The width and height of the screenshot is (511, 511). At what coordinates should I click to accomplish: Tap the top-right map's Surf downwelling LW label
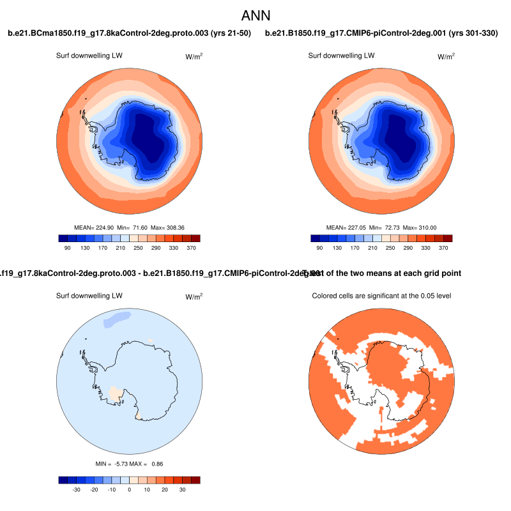pyautogui.click(x=341, y=56)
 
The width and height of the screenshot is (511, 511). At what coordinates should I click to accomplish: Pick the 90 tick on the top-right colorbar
pyautogui.click(x=319, y=247)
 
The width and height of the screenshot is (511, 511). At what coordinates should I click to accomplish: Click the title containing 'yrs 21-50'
pyautogui.click(x=129, y=33)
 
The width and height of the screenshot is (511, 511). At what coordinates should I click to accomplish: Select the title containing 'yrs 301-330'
pyautogui.click(x=381, y=33)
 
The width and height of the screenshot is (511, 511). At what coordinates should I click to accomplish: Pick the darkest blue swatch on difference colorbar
pyautogui.click(x=63, y=480)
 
